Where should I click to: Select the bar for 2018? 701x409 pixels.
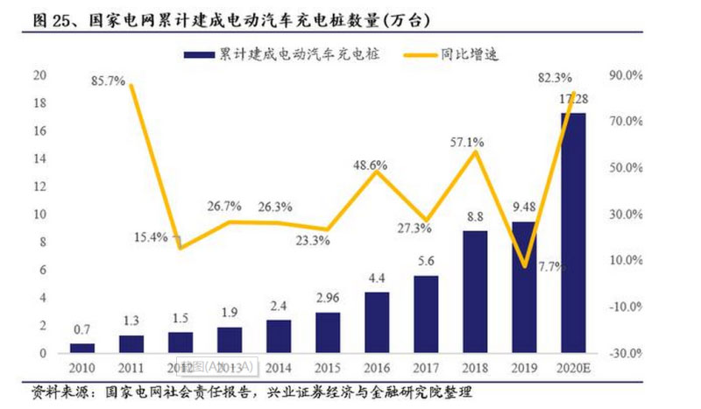pyautogui.click(x=475, y=292)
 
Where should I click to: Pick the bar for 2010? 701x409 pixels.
pyautogui.click(x=82, y=348)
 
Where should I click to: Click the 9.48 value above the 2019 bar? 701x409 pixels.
pyautogui.click(x=523, y=207)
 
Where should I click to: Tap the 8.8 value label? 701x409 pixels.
pyautogui.click(x=475, y=216)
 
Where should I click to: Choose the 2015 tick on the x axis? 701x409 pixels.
pyautogui.click(x=327, y=369)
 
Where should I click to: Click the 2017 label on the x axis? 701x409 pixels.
pyautogui.click(x=425, y=369)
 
